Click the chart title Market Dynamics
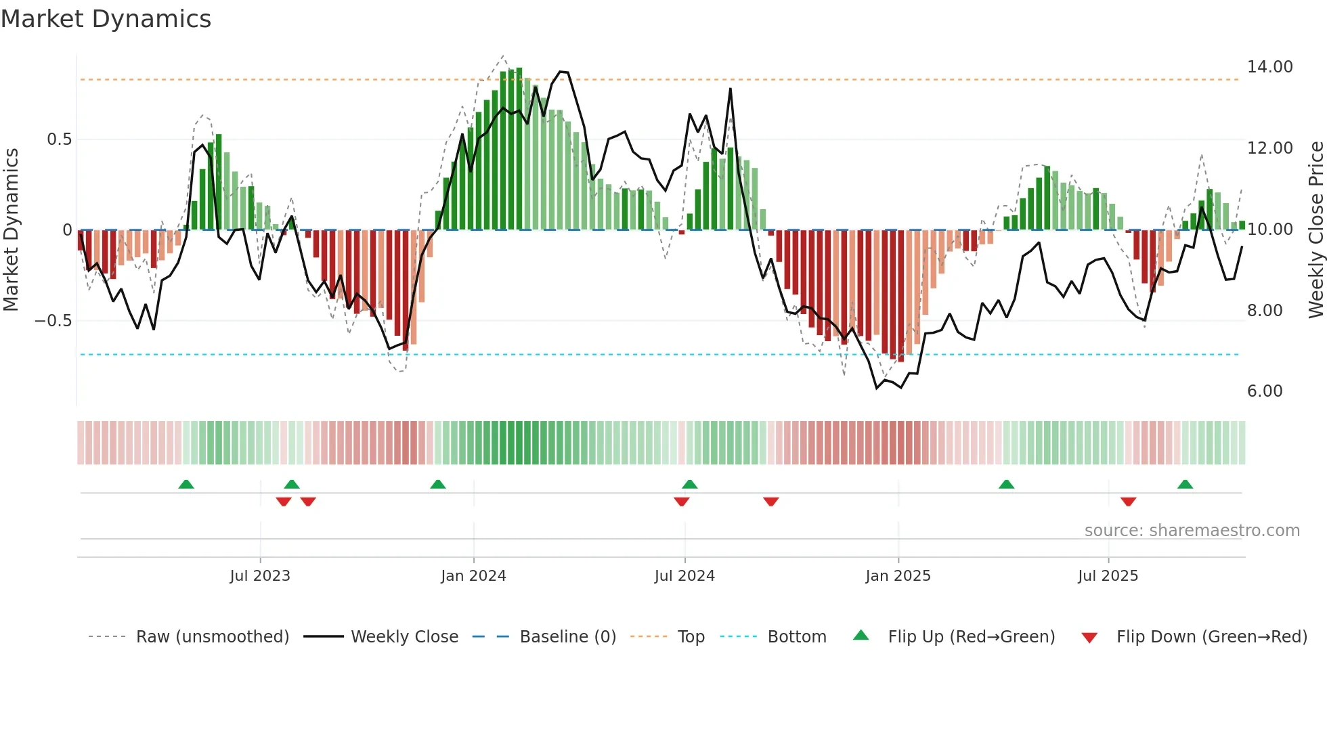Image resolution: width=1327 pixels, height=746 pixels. coord(106,19)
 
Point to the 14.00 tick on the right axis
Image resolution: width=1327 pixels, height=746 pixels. coord(1269,67)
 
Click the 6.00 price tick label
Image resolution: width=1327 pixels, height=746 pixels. coord(1264,391)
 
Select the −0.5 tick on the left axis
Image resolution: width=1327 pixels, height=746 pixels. coord(53,321)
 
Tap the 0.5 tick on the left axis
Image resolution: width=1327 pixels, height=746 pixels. coord(59,139)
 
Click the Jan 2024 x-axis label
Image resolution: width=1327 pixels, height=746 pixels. coord(473,576)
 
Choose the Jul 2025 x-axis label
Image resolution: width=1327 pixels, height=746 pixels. coord(1108,576)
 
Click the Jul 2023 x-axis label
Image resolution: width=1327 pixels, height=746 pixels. coord(260,576)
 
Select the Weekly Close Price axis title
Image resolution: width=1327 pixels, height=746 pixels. coord(1315,229)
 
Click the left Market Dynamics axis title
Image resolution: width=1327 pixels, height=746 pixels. coord(11,229)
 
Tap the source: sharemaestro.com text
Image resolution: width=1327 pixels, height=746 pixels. coord(1192,531)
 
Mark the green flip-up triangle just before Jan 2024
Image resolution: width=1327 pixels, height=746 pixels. coord(438,484)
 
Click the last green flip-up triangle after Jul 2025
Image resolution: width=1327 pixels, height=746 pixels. coord(1185,484)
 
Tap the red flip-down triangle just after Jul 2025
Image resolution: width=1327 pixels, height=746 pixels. coord(1128,502)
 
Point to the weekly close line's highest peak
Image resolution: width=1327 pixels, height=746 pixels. coord(561,71)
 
